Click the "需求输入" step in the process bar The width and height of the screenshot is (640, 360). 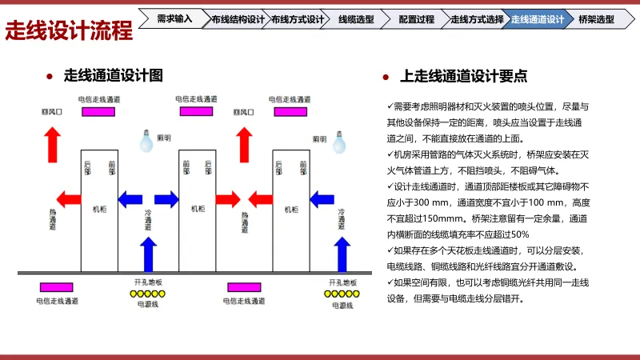point(174,18)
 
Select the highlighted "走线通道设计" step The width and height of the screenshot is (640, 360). point(537,18)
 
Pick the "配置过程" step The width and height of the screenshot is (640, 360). point(416,18)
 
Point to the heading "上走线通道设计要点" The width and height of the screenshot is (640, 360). point(463,77)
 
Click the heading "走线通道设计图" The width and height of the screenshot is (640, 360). point(113,76)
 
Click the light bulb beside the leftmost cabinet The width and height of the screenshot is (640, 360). point(146,142)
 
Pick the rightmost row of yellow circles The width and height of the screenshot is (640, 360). point(342,294)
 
